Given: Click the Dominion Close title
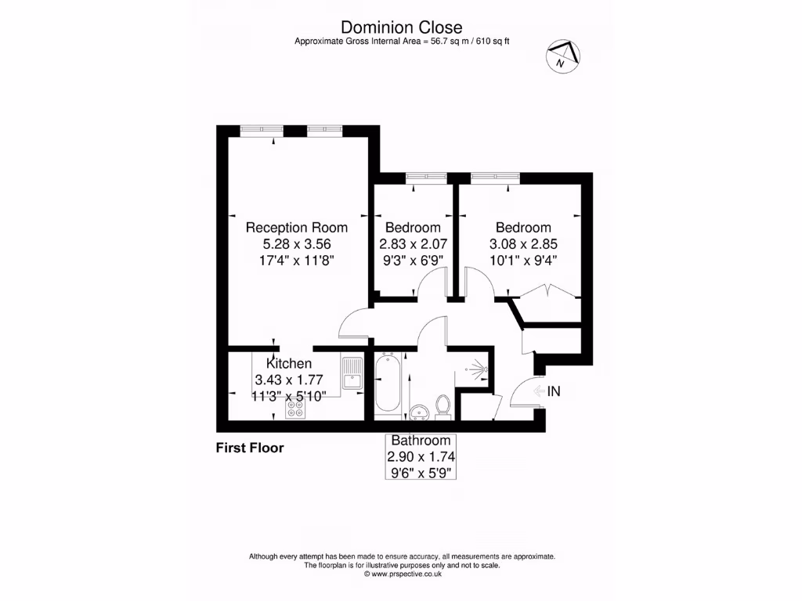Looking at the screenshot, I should tap(402, 28).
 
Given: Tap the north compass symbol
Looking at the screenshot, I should tap(562, 56).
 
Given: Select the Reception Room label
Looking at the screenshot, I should tap(296, 228).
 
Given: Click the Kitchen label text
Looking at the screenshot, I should tap(289, 364).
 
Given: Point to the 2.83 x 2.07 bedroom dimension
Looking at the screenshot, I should tap(414, 243).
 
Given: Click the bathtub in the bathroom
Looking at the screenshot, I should tap(388, 385).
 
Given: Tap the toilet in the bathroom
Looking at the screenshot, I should tap(443, 405).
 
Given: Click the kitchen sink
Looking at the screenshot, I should tap(351, 373).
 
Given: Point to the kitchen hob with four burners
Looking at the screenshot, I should tap(295, 408).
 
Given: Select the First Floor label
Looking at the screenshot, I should tap(250, 448).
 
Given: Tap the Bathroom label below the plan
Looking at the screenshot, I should tap(421, 441).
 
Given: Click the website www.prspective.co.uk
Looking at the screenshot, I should tap(402, 574).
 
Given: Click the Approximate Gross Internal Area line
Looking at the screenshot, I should tap(402, 41).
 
